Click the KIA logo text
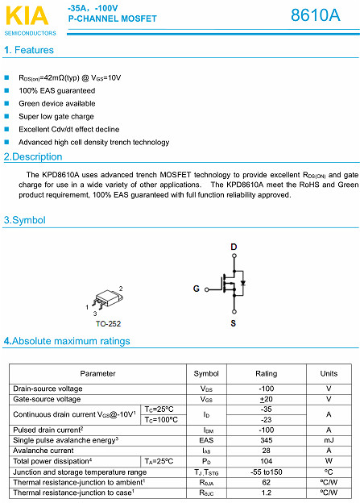pyautogui.click(x=28, y=16)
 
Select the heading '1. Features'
pyautogui.click(x=29, y=50)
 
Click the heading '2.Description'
pyautogui.click(x=33, y=156)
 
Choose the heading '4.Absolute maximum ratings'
pyautogui.click(x=67, y=341)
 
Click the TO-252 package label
pyautogui.click(x=108, y=323)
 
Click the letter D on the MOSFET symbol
pyautogui.click(x=234, y=247)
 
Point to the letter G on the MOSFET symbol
pyautogui.click(x=196, y=289)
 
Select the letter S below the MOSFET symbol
pyautogui.click(x=234, y=323)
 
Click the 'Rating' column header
pyautogui.click(x=266, y=373)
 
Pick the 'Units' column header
pyautogui.click(x=329, y=373)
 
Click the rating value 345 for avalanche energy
pyautogui.click(x=266, y=439)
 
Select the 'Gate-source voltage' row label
pyautogui.click(x=47, y=399)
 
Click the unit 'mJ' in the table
pyautogui.click(x=329, y=439)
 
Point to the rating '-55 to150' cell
pyautogui.click(x=266, y=472)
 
